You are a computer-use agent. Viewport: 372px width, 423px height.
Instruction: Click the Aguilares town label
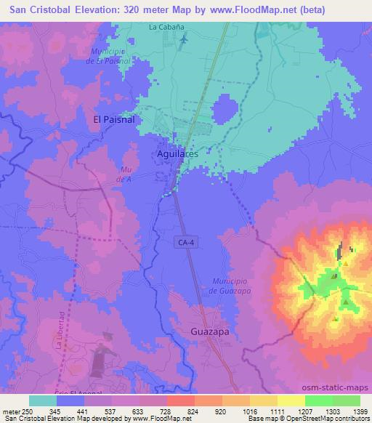coord(178,155)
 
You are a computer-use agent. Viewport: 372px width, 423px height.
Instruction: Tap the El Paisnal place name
coord(115,118)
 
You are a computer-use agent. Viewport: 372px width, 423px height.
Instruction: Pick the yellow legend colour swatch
coord(291,400)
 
